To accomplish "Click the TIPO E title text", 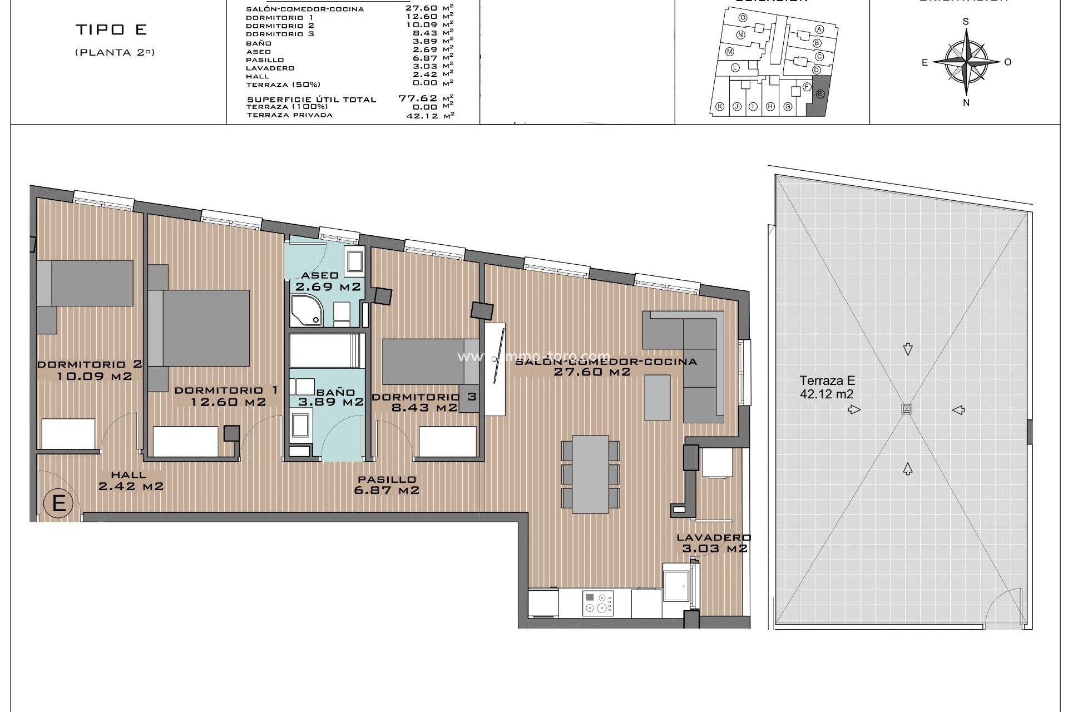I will pyautogui.click(x=111, y=30).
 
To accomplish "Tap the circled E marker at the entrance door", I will pyautogui.click(x=59, y=503).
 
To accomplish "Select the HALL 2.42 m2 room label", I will pyautogui.click(x=130, y=481).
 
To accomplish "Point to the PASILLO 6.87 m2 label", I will pyautogui.click(x=387, y=484).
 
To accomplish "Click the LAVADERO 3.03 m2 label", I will pyautogui.click(x=714, y=543).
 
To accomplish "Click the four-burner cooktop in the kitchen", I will pyautogui.click(x=598, y=603).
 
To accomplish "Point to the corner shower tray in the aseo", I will pyautogui.click(x=305, y=311).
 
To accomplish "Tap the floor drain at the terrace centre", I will pyautogui.click(x=907, y=409).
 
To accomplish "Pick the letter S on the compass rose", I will pyautogui.click(x=966, y=22).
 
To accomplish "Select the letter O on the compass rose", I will pyautogui.click(x=1007, y=62).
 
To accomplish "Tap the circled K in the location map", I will pyautogui.click(x=719, y=107).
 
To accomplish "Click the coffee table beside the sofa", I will pyautogui.click(x=657, y=397).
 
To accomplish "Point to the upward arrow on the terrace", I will pyautogui.click(x=907, y=469).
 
